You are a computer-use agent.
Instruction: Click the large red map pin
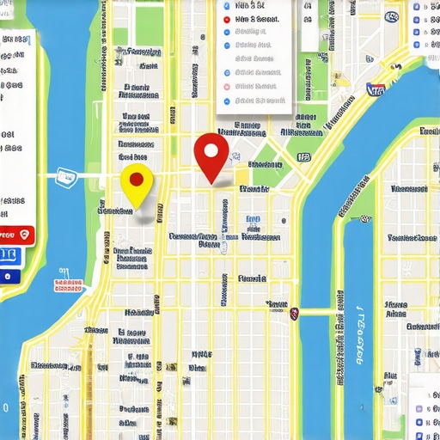click(x=211, y=155)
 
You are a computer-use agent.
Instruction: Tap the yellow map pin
click(x=136, y=184)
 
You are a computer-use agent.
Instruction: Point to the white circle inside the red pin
click(x=211, y=150)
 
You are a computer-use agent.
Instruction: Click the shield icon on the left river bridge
click(x=64, y=177)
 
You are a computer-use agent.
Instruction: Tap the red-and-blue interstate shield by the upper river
click(x=375, y=89)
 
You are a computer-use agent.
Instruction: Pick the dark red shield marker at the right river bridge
click(x=294, y=313)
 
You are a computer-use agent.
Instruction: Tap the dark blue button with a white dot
click(x=10, y=277)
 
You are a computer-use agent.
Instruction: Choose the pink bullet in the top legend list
click(x=227, y=86)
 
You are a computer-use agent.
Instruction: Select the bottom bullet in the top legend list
click(x=227, y=100)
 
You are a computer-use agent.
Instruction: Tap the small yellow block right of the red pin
click(x=242, y=179)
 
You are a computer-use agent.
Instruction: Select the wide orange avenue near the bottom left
click(x=87, y=378)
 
